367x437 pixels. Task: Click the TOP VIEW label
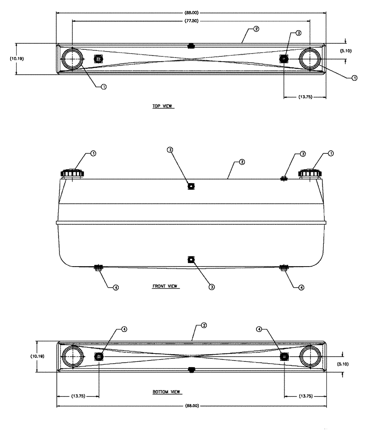(x=163, y=106)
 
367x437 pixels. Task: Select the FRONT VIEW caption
(x=166, y=287)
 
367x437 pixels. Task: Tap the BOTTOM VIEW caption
(x=166, y=392)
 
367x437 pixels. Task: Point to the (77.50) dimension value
(x=190, y=20)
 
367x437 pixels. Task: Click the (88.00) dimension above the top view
(x=190, y=12)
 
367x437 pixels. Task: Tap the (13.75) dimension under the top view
(x=305, y=97)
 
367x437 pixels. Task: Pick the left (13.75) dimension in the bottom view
(x=78, y=396)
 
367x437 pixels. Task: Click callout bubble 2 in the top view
(x=256, y=30)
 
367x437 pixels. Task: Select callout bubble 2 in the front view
(x=242, y=162)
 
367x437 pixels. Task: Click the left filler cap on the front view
(x=72, y=173)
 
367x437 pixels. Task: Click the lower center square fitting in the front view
(x=190, y=260)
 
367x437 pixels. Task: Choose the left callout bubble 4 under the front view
(x=116, y=288)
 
